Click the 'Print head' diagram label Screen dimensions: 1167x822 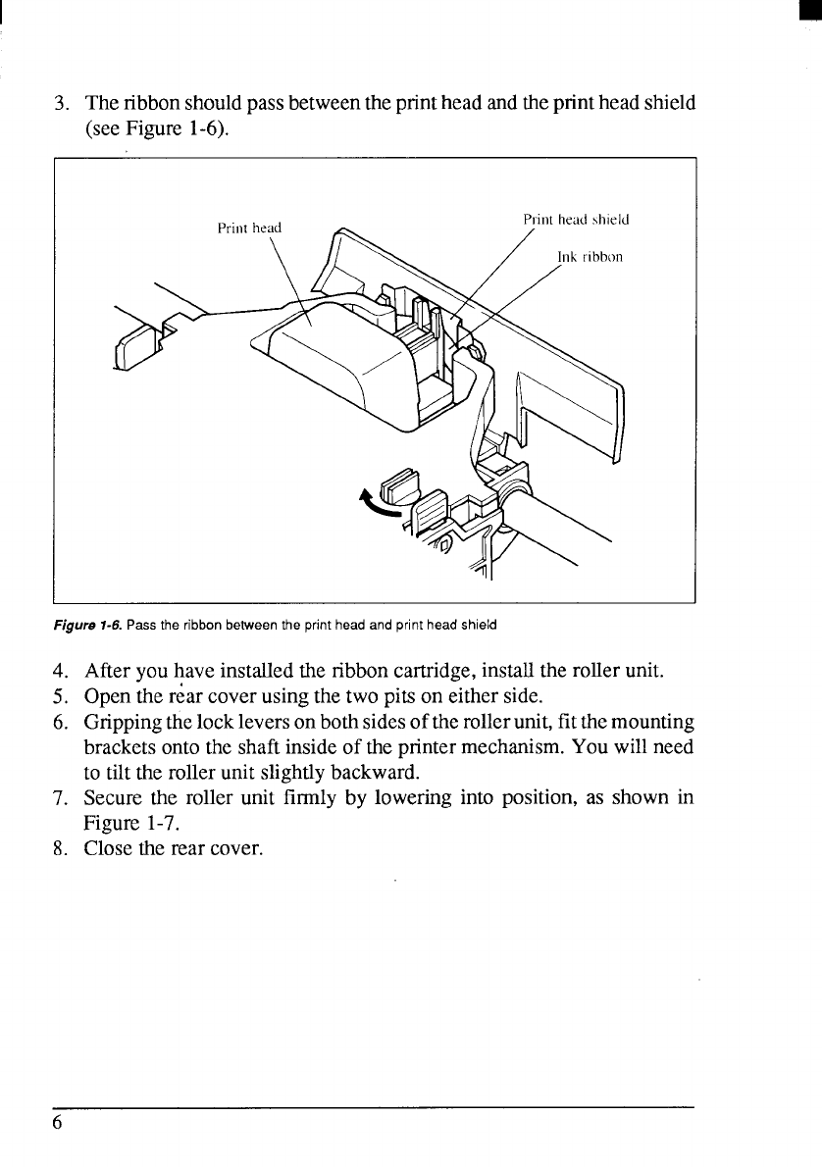249,228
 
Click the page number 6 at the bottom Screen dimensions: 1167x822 58,1123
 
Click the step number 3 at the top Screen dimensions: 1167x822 60,103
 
